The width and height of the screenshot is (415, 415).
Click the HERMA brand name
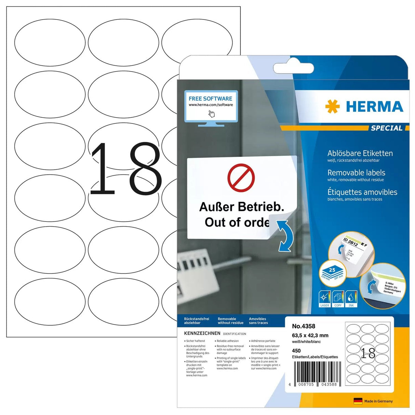click(374, 107)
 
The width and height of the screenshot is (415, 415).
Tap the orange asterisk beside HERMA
click(332, 107)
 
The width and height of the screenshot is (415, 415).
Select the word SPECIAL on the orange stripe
click(387, 128)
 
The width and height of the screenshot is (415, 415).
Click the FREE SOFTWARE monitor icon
click(211, 107)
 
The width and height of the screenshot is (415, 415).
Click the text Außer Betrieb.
click(241, 207)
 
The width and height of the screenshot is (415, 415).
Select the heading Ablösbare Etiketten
click(360, 153)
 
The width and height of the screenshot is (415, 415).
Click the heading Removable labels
click(356, 173)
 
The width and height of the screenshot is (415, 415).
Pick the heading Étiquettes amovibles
click(362, 192)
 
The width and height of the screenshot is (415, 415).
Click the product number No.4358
click(304, 326)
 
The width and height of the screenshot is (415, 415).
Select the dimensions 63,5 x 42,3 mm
click(310, 335)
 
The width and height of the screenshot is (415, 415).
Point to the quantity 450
click(296, 350)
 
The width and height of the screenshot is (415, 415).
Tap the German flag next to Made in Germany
click(358, 401)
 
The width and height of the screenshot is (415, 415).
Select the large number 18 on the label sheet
click(125, 169)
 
